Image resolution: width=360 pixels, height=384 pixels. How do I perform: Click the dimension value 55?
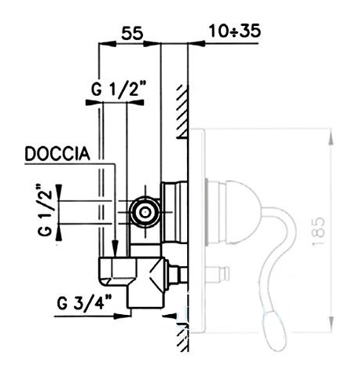coord(132,33)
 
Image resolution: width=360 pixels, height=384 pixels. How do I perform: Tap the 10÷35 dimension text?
coord(235,31)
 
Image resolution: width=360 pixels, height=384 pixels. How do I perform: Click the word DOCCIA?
coord(57,154)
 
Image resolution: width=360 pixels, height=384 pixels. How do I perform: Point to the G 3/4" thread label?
coord(84,302)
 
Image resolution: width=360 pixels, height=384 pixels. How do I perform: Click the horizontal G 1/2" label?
coord(118,90)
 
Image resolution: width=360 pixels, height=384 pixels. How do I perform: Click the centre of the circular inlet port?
coord(144,212)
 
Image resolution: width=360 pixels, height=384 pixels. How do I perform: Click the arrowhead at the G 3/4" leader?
coord(123,316)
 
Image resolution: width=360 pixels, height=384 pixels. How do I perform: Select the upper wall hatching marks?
coord(182,111)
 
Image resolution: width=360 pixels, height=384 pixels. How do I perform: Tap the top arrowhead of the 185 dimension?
coord(331,137)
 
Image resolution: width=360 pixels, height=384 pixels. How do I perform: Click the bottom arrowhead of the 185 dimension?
coord(331,324)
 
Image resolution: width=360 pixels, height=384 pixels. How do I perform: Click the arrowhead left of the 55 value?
coord(108,44)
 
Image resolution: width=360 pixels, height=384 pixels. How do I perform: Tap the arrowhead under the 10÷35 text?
coord(197,43)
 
